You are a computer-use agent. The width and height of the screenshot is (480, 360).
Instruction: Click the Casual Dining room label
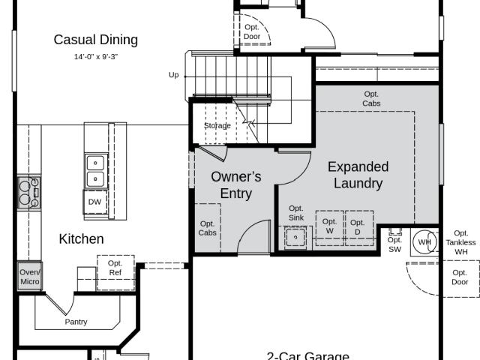tap(96, 40)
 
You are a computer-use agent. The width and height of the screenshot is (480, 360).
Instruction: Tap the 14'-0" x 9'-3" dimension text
tap(96, 57)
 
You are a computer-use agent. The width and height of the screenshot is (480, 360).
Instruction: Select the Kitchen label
tap(81, 239)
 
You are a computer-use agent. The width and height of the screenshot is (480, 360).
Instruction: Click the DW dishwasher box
tap(95, 202)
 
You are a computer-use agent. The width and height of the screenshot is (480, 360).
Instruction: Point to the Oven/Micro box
tap(29, 277)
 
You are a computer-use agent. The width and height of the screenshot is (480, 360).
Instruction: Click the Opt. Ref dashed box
tap(115, 273)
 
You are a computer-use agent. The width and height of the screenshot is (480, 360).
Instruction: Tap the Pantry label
tap(76, 322)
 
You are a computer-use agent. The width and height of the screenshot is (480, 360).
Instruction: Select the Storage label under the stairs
tap(217, 125)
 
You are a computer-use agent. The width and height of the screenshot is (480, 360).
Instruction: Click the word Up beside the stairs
tap(173, 75)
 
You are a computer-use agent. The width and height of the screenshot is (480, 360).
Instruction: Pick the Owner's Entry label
tap(236, 185)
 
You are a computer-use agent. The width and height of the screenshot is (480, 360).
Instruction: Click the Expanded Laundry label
tap(358, 175)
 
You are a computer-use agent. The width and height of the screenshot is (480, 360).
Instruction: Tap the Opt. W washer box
tap(330, 228)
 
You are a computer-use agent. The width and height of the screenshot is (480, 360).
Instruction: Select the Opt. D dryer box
tap(359, 228)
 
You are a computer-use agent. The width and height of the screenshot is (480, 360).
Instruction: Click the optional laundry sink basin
tap(295, 238)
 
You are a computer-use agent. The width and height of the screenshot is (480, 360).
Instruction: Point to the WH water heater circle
tap(424, 242)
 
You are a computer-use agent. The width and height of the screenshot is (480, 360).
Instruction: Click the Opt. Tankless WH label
tap(460, 242)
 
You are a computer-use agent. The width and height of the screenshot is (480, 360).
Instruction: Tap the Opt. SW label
tap(394, 245)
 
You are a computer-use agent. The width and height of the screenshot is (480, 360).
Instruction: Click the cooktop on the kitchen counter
tap(29, 193)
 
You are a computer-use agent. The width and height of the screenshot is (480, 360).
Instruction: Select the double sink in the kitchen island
tap(96, 171)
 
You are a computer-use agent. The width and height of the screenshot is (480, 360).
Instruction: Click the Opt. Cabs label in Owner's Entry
tap(207, 228)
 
